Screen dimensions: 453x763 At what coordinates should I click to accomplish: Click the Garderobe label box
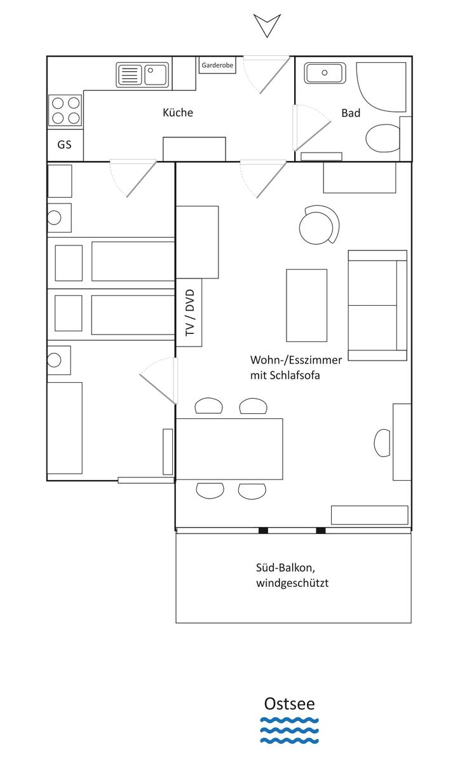click(217, 65)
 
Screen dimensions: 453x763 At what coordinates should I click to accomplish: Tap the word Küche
click(178, 113)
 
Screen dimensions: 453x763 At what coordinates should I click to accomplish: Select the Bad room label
click(351, 113)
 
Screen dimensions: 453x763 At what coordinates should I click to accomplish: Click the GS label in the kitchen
click(64, 144)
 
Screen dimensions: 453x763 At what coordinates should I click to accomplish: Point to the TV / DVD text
click(190, 313)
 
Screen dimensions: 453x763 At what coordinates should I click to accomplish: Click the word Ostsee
click(289, 704)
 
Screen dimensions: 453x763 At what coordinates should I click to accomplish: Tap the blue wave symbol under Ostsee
click(289, 731)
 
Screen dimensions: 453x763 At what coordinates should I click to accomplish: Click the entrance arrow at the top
click(267, 25)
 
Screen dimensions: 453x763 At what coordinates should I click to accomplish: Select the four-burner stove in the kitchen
click(65, 111)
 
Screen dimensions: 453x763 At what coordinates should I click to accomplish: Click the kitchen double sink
click(142, 74)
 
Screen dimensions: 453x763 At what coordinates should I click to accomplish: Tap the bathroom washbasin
click(325, 73)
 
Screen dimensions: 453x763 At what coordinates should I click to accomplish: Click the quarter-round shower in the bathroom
click(381, 87)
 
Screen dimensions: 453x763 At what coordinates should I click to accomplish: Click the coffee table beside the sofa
click(307, 305)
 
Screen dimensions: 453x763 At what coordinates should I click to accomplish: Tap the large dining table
click(229, 449)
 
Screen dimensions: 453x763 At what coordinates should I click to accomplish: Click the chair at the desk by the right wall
click(382, 443)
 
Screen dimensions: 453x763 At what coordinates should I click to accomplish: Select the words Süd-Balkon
click(285, 568)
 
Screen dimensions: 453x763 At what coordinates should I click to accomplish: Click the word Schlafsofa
click(295, 375)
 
